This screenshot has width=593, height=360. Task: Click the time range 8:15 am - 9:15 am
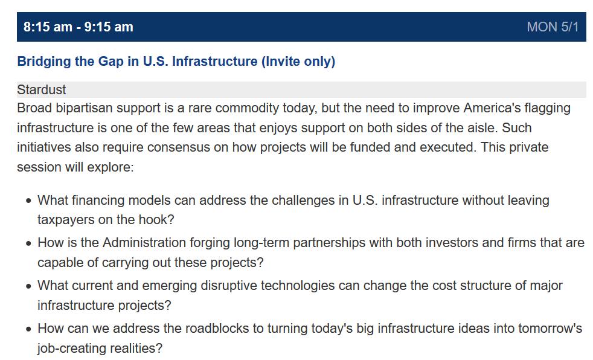79,27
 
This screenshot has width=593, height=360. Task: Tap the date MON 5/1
553,27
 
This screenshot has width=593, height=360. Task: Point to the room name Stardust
42,89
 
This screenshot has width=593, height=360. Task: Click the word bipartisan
84,108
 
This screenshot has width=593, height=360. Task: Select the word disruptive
229,286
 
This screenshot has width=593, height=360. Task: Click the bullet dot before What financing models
29,201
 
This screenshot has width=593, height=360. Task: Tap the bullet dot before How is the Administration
29,243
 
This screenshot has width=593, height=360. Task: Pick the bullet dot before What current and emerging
29,286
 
